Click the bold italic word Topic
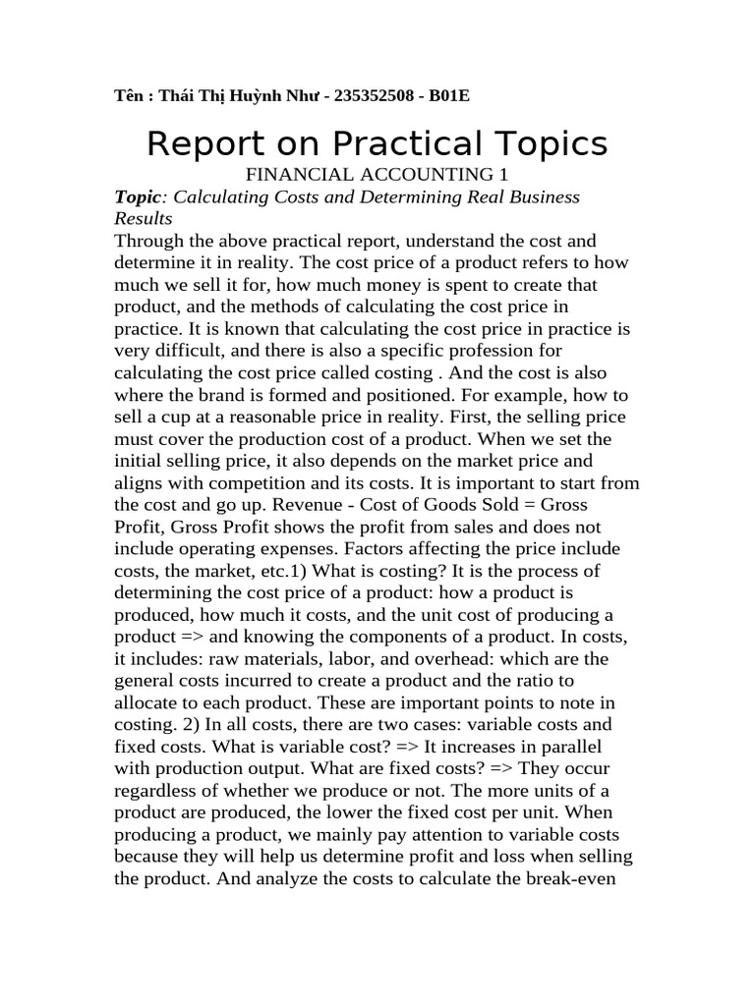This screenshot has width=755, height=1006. click(137, 196)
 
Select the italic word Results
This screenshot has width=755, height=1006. click(144, 218)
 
